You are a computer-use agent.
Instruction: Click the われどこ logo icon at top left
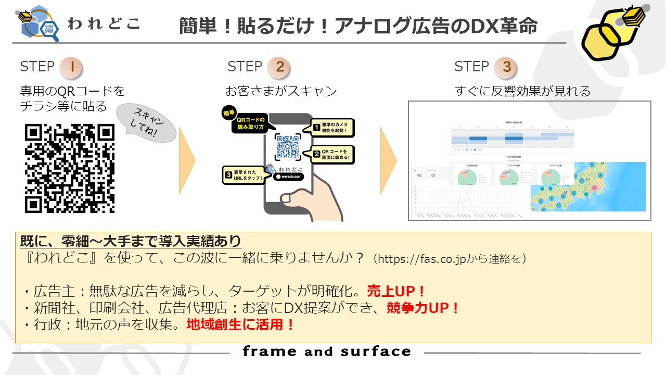click(39, 23)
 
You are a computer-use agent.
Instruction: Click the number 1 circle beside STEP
click(71, 67)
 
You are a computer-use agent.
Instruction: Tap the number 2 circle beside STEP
click(279, 67)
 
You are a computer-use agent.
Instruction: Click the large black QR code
click(70, 168)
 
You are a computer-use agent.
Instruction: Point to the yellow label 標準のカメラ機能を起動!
click(333, 127)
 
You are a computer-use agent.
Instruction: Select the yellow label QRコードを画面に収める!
click(333, 154)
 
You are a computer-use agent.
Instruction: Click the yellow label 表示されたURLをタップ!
click(244, 174)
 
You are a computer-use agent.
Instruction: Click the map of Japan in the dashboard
click(587, 186)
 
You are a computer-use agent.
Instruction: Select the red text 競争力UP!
click(422, 308)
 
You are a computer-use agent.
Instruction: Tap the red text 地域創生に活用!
click(240, 325)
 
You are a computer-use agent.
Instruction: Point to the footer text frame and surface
click(326, 352)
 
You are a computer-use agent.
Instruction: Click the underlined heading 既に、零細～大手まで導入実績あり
click(130, 241)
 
